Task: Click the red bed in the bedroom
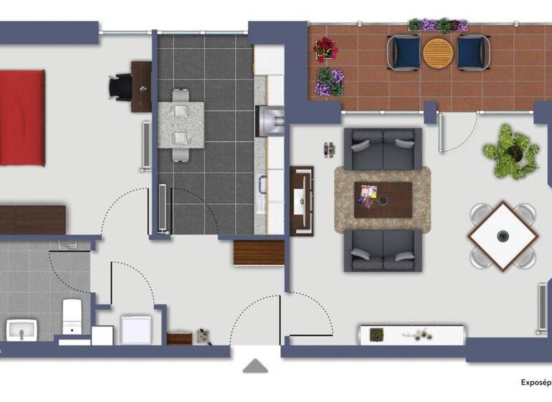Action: tap(22, 117)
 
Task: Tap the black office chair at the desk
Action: tap(120, 87)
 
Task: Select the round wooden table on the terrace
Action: tap(438, 52)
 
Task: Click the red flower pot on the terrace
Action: tap(326, 49)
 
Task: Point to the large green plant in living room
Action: tap(512, 151)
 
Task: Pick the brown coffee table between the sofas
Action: tap(382, 199)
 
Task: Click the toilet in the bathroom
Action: tap(73, 317)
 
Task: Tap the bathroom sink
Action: tap(22, 331)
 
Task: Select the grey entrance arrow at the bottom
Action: tap(254, 366)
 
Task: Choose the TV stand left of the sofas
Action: tap(301, 200)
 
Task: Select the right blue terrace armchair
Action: tap(473, 52)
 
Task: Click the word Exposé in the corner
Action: tap(535, 383)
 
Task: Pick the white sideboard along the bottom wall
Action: tap(412, 335)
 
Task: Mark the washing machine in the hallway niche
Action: tap(136, 329)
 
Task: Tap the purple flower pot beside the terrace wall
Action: tap(329, 81)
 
